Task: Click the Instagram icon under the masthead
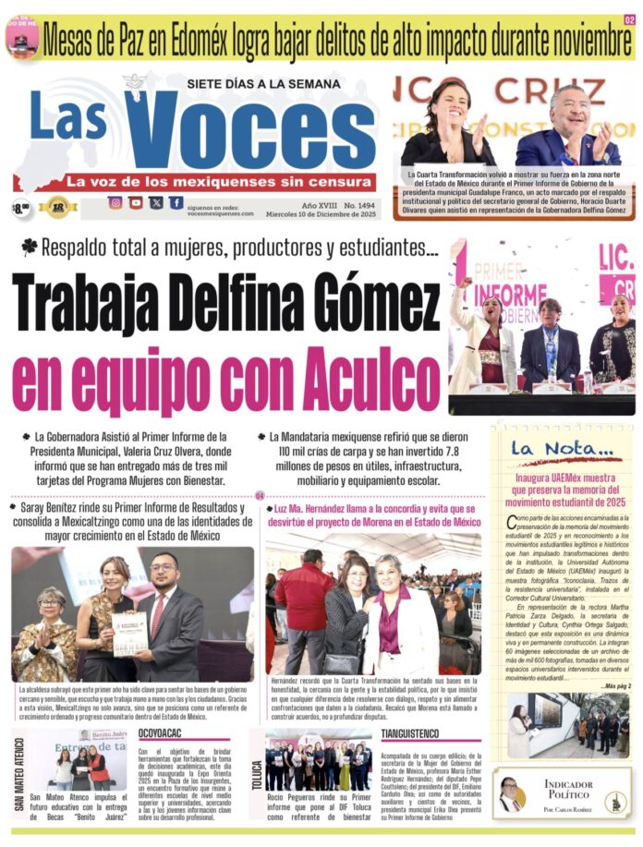pos(115,203)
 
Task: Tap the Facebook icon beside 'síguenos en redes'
pos(176,203)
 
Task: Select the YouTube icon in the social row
pos(137,203)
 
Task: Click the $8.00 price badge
pos(21,207)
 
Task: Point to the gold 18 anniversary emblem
pos(57,207)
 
